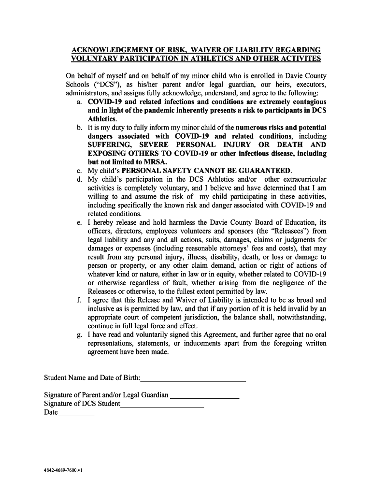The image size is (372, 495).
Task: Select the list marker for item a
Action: (x=79, y=102)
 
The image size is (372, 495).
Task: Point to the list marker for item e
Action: (x=79, y=222)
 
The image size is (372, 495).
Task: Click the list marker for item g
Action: (x=79, y=335)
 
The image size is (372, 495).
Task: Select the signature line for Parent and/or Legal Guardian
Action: (x=205, y=398)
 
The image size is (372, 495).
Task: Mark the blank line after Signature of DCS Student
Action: (x=162, y=407)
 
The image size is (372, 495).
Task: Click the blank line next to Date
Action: (x=76, y=415)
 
